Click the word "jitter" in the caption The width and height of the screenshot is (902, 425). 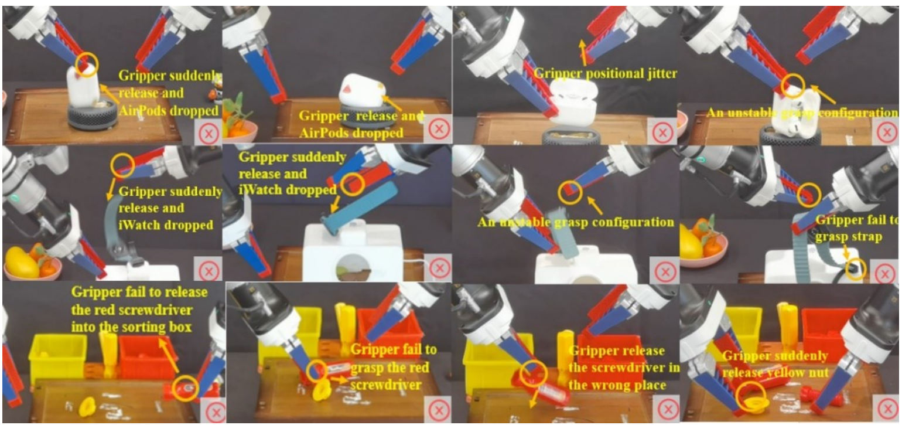pos(658,73)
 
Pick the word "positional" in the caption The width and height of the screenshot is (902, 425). pos(610,74)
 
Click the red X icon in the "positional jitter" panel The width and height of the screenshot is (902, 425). pos(663,132)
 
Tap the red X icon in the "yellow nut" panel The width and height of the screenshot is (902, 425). pos(887,409)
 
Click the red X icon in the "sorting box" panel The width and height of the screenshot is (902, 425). pos(216,412)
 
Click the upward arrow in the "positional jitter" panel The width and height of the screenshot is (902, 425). pos(582,53)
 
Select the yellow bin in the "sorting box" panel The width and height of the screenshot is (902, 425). pos(57,358)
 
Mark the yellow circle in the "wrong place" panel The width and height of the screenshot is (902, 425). pos(534,373)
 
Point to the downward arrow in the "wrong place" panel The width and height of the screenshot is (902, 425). pos(534,397)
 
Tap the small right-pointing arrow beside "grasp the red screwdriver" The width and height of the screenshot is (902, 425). pos(340,379)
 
